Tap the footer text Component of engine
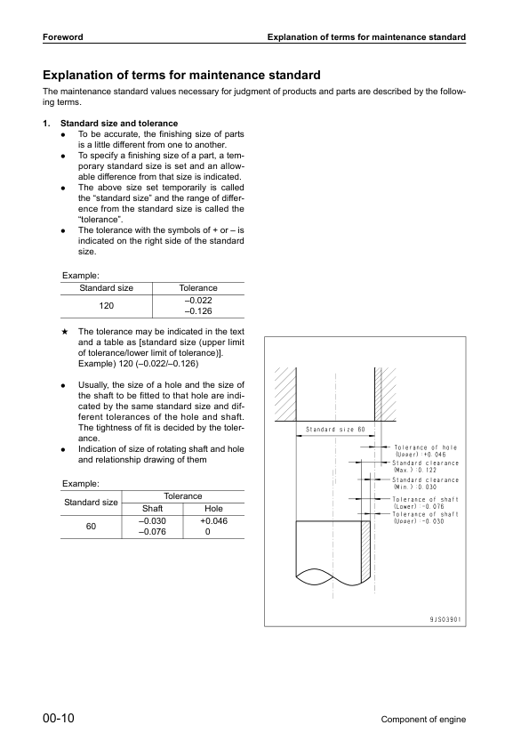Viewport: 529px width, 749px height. [422, 720]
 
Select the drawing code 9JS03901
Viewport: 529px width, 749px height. [444, 619]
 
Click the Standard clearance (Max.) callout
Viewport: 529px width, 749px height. [426, 467]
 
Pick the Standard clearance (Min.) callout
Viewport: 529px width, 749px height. [426, 484]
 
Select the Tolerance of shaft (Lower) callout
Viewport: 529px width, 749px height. [425, 503]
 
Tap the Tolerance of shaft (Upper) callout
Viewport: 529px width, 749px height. [426, 518]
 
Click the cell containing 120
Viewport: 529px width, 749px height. [107, 306]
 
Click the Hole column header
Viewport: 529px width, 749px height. [207, 508]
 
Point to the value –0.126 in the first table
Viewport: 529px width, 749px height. [197, 311]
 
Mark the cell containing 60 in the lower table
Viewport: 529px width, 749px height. [91, 527]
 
